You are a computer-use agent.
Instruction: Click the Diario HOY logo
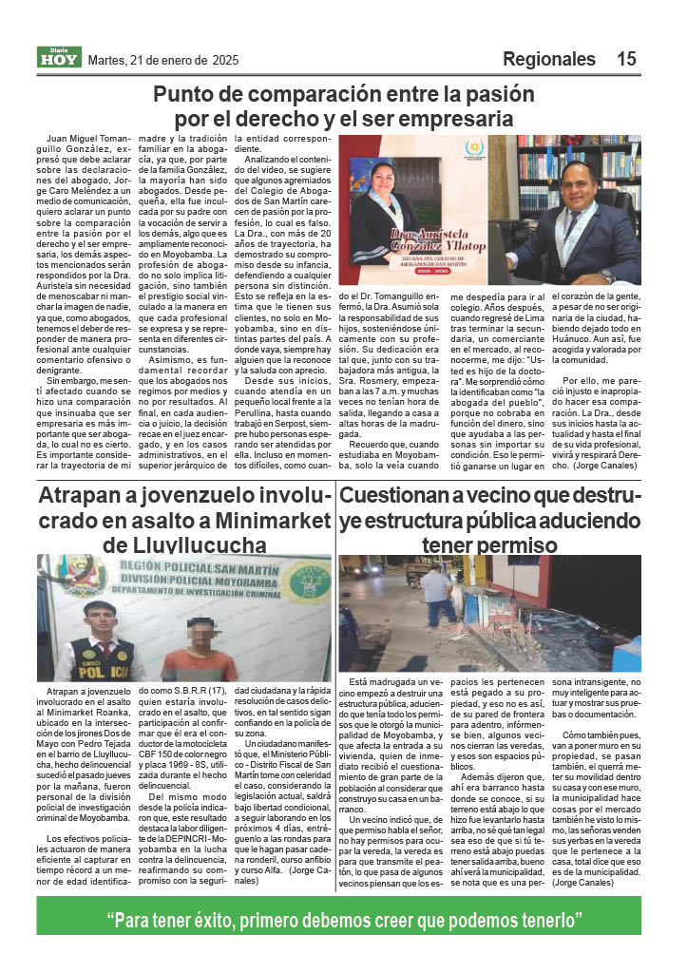pos(60,58)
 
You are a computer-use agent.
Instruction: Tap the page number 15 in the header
pos(626,59)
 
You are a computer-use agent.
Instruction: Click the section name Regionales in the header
pos(548,59)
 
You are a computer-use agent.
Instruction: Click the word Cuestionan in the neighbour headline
pos(401,497)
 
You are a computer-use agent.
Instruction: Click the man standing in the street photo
pos(438,597)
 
